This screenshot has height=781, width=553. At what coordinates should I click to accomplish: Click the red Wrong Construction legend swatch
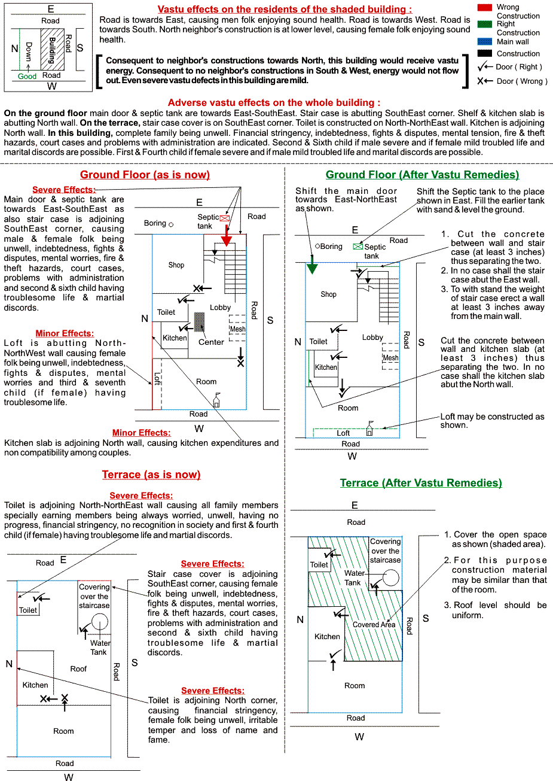point(485,7)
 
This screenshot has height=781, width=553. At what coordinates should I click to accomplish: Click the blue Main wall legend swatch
point(485,42)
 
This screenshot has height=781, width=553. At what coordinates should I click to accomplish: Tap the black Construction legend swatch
point(485,54)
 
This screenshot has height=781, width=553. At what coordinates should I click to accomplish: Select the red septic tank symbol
point(224,218)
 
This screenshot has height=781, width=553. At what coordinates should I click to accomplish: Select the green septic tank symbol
point(358,246)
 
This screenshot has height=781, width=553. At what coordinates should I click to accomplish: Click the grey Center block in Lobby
point(200,323)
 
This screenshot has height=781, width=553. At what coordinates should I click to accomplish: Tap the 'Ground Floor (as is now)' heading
point(145,175)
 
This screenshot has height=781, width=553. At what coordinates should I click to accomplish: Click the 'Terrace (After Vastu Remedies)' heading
point(421,483)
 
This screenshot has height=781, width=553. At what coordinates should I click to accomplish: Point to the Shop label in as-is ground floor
point(176,265)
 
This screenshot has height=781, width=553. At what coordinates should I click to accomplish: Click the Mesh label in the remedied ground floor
point(390,358)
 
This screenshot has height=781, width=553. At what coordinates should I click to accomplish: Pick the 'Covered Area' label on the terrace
point(374,625)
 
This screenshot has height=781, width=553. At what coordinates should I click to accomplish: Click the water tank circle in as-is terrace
point(99,622)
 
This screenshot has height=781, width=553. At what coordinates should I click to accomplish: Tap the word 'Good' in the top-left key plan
point(27,77)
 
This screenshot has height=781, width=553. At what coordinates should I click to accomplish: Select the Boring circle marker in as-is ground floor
point(171,224)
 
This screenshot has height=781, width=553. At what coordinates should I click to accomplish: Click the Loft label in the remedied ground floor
point(343,433)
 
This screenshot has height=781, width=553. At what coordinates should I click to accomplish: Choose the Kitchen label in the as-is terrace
point(35,685)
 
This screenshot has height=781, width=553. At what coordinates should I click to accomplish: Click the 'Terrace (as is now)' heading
point(151,475)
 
